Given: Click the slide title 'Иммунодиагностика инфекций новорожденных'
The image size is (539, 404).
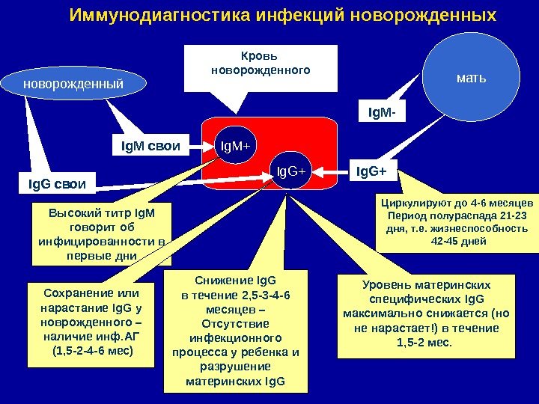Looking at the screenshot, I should pos(282,16).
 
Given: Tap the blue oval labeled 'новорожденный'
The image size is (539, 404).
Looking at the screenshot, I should pos(73,85).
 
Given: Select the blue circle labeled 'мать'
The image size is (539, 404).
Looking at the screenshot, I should pos(471,76).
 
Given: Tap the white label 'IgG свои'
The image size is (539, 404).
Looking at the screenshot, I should pos(57,183).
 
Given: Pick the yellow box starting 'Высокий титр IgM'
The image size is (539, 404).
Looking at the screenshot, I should pos(101,234).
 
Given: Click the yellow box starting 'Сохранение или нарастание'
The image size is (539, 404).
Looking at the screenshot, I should pos(90,324).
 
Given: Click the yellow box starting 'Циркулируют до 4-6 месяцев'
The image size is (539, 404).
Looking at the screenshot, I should pos(457,222).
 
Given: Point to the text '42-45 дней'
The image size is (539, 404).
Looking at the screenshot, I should pos(459,242).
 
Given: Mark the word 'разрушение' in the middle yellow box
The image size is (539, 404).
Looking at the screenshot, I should pos(235,366).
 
